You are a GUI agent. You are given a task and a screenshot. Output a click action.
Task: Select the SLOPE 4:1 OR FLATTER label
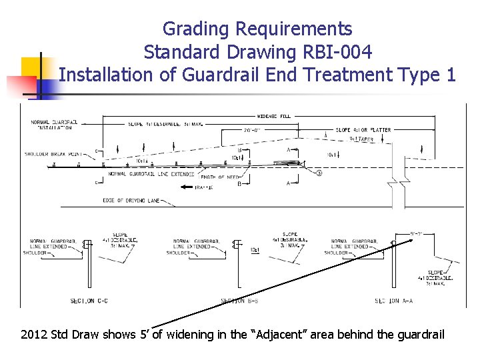point(363,130)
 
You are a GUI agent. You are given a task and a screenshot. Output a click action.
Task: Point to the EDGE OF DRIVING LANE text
point(131,200)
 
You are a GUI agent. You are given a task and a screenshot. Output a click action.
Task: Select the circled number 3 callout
point(319,173)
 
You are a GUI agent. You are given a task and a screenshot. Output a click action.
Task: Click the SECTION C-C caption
point(89,301)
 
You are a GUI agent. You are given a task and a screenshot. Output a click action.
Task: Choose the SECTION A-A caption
point(393,301)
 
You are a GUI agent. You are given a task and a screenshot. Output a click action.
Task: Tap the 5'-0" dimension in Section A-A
point(417,233)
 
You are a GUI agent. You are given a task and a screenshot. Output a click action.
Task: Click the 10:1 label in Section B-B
point(255,250)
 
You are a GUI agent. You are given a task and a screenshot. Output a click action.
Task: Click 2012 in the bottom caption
point(35,334)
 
